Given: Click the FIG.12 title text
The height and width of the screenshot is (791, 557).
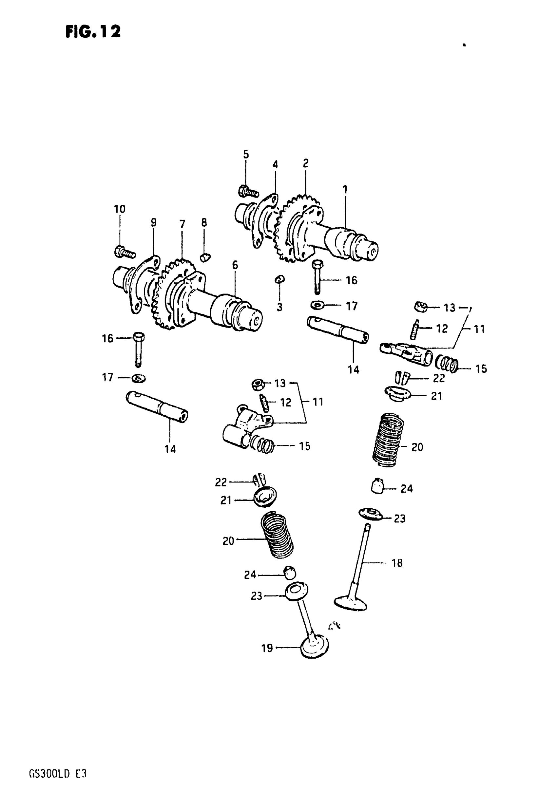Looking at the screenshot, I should coord(93,32).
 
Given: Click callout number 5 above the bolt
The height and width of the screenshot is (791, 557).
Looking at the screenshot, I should coord(246,154).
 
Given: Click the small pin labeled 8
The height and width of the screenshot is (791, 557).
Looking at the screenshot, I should coord(205,257).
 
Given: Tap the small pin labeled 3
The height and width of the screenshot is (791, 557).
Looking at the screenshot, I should coord(279,279).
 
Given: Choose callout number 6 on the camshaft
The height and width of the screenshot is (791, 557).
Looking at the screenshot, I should coord(235,265).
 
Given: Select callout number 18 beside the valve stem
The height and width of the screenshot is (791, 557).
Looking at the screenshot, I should coord(397,563).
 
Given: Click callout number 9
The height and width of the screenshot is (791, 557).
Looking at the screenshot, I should coord(153,222).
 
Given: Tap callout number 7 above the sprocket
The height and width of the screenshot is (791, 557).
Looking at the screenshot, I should coord(182,224).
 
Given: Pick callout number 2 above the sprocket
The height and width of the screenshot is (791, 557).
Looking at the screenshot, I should coord(305,163).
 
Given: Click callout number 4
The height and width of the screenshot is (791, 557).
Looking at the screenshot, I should coord(275,165).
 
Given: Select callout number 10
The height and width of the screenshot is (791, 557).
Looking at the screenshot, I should coord(120,209).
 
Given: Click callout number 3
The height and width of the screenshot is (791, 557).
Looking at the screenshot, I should coord(279,307).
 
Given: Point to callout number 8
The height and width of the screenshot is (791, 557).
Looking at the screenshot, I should coord(204,222).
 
